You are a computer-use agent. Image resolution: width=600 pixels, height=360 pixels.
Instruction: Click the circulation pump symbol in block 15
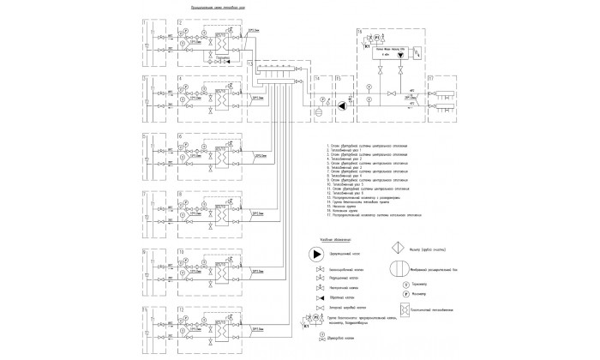[343, 106]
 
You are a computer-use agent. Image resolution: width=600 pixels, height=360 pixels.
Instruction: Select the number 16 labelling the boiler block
[360, 32]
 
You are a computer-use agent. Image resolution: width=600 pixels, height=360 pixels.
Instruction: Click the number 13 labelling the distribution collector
[249, 63]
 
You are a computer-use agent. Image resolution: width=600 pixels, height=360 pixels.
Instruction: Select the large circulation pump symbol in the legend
[316, 255]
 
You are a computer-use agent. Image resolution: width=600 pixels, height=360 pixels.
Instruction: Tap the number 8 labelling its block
[178, 194]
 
